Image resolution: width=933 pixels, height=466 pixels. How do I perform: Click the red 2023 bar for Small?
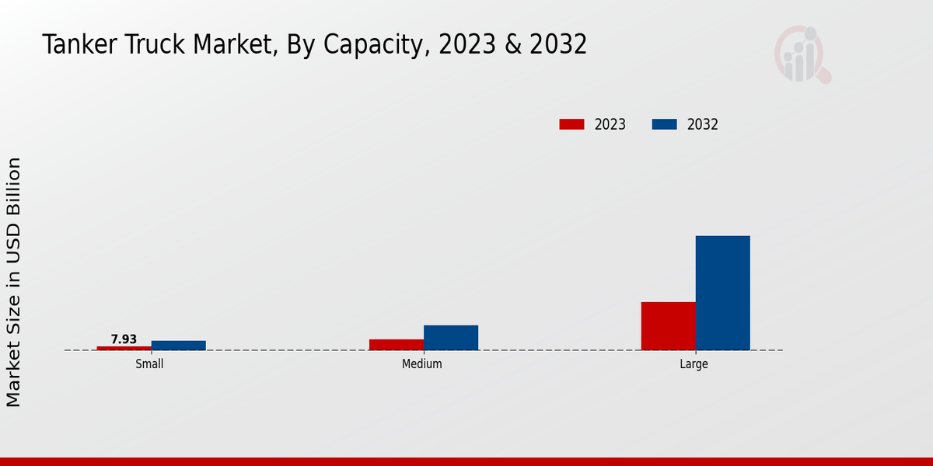coord(124,348)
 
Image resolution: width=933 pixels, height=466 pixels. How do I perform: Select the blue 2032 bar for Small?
coord(179,346)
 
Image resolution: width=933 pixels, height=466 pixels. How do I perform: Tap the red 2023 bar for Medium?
coord(397,345)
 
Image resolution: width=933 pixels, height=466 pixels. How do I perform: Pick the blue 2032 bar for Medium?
coord(451,338)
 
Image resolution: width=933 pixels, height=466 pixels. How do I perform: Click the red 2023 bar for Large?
coord(669,326)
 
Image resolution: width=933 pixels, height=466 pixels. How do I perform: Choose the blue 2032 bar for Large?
coord(723,293)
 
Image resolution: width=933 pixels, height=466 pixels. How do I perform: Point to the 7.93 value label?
coord(124,339)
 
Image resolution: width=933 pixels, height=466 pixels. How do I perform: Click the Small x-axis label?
coord(149,363)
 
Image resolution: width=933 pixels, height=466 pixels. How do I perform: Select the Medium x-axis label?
coord(422,363)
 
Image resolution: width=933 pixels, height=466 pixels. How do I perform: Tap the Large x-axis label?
coord(694,363)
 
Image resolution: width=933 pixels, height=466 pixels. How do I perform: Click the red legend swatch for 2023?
coord(571,124)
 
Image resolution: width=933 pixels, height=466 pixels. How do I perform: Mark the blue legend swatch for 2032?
coord(664,124)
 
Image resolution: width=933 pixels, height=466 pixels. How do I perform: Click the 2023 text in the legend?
coord(610,124)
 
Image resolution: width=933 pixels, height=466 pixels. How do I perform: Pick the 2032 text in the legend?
coord(703,124)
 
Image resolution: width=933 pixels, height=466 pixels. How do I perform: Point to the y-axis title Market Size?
coord(14,281)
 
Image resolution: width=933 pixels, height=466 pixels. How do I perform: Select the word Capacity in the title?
coord(372,45)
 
